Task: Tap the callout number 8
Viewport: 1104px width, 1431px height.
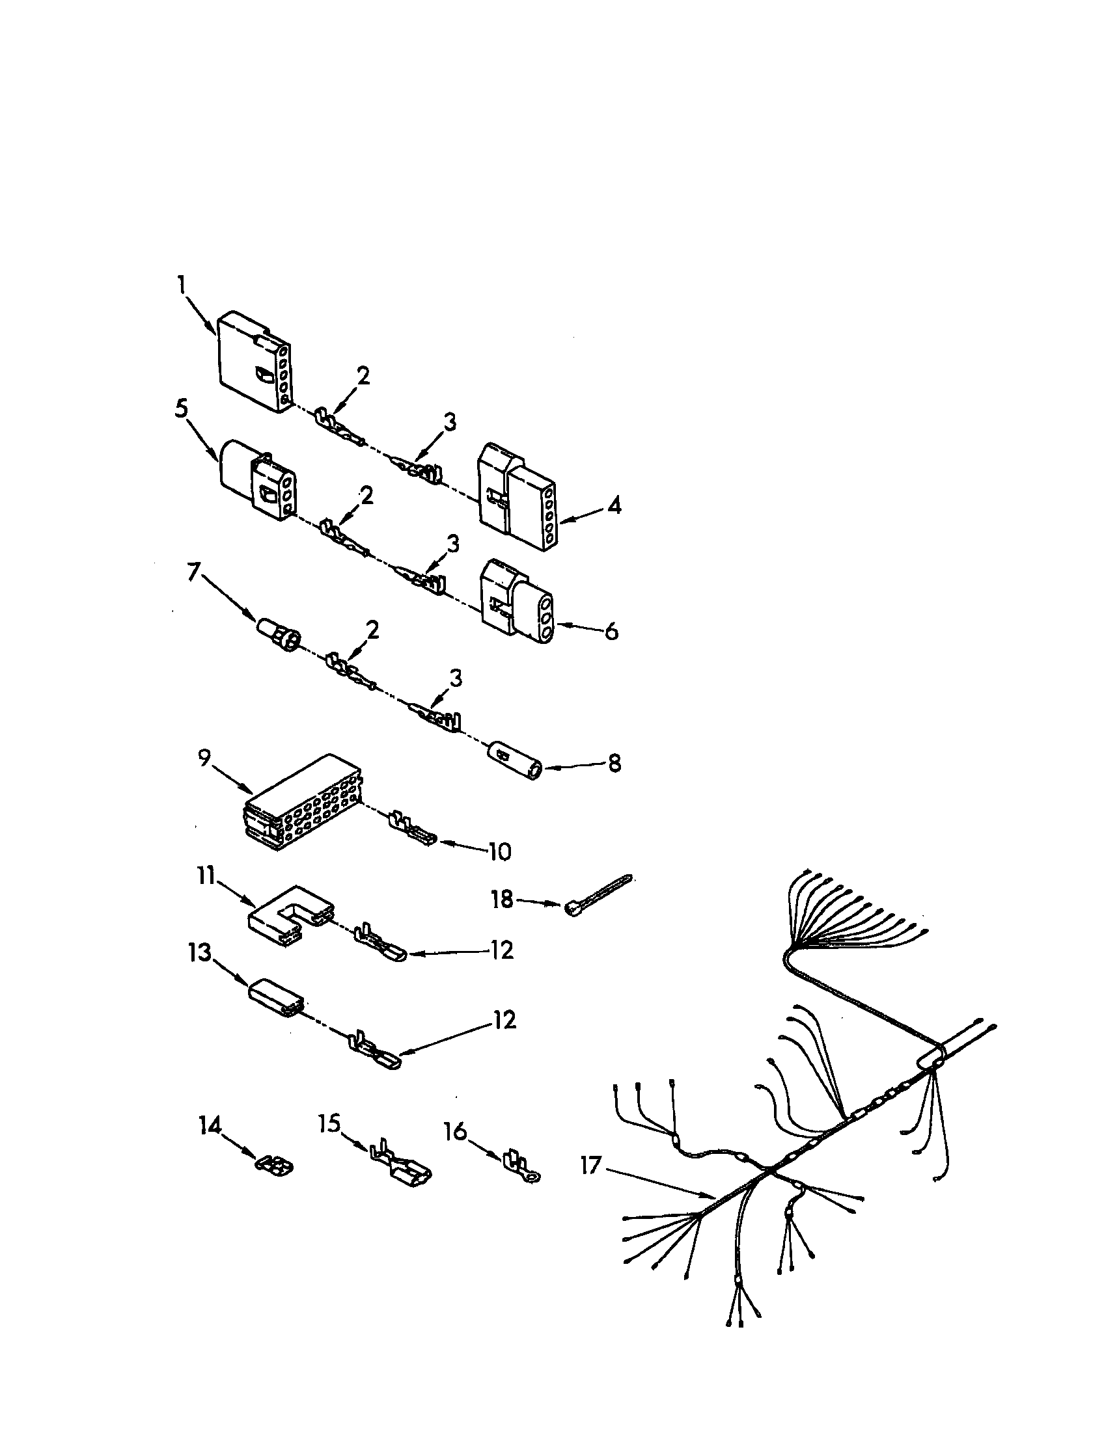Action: coord(614,764)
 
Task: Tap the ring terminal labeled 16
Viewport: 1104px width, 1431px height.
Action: coord(523,1166)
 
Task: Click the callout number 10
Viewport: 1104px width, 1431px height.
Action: coord(499,852)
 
